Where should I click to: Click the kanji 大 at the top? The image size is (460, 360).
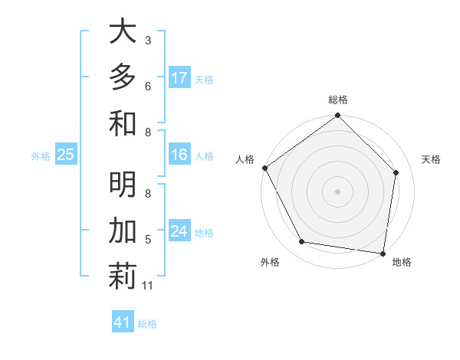click(x=123, y=31)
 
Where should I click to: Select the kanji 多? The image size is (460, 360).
click(x=123, y=77)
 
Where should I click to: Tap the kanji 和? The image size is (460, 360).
click(x=123, y=123)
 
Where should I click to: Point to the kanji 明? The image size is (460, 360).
click(x=123, y=185)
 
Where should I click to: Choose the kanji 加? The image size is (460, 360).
click(x=123, y=231)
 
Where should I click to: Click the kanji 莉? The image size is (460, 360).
click(x=123, y=277)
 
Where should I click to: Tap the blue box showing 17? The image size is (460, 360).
click(x=179, y=78)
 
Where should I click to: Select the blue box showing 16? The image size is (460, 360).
click(x=179, y=155)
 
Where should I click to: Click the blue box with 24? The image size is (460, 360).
click(x=179, y=231)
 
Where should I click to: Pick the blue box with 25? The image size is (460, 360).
click(x=66, y=155)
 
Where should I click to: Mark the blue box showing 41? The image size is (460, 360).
click(x=123, y=322)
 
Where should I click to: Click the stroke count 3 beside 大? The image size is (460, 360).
click(x=148, y=41)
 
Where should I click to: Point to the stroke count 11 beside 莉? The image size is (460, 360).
click(x=148, y=286)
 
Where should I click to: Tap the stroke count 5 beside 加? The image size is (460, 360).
click(x=148, y=240)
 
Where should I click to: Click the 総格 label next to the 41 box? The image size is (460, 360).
click(x=147, y=324)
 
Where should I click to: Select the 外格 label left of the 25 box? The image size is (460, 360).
click(x=41, y=156)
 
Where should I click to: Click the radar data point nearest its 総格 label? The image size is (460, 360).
click(x=337, y=116)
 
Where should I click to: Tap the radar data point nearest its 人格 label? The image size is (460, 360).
click(x=265, y=168)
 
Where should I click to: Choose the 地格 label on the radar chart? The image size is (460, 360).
click(x=402, y=262)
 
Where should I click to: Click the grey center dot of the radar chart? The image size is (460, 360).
click(x=337, y=191)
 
